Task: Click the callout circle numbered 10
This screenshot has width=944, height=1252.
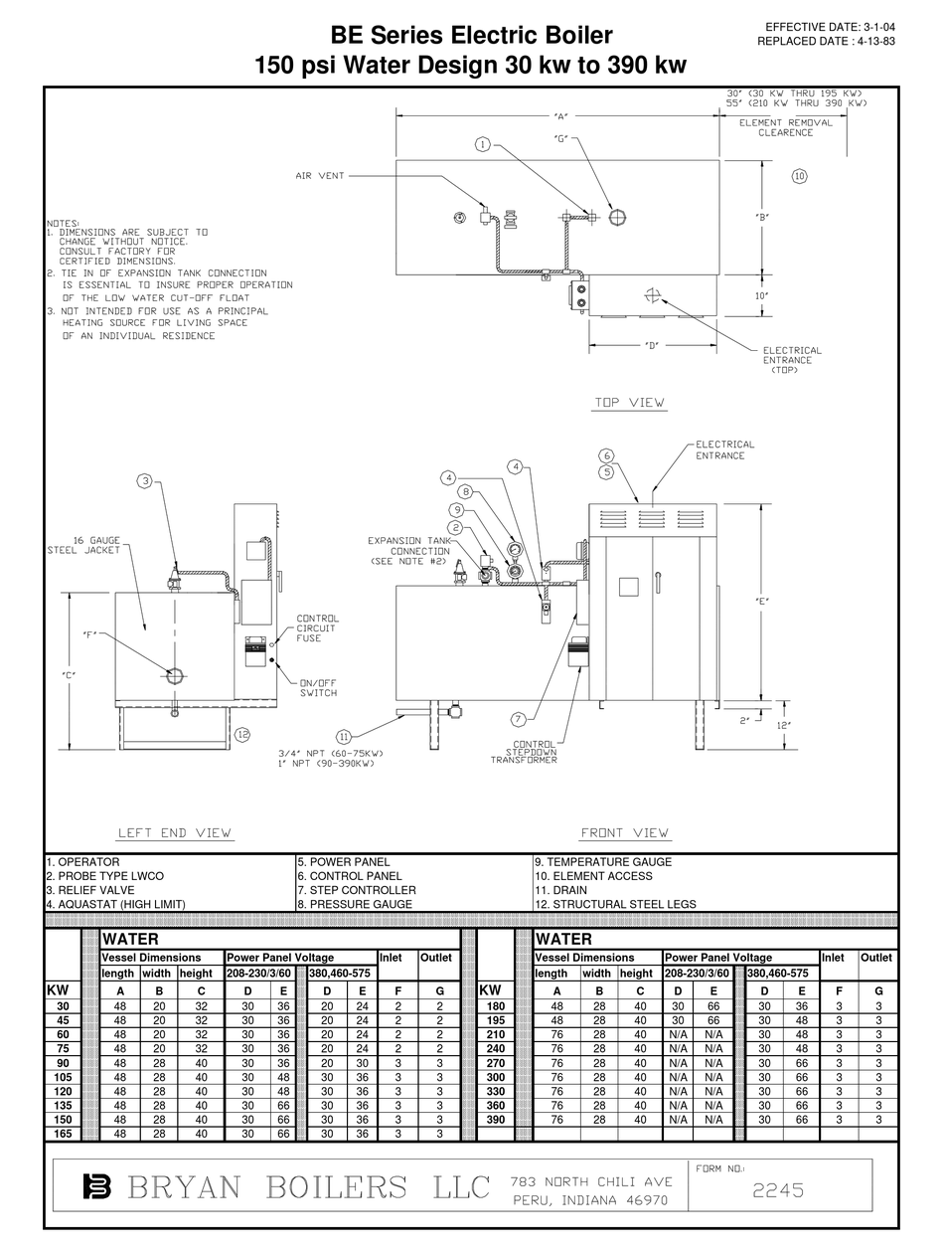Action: tap(799, 176)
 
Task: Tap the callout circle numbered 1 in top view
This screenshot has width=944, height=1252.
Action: tap(482, 144)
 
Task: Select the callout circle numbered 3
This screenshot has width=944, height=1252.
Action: tap(145, 482)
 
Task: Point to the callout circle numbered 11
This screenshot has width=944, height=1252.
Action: tap(344, 737)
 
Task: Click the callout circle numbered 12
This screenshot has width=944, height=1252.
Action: tap(242, 735)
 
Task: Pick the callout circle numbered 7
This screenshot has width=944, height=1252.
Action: tap(518, 719)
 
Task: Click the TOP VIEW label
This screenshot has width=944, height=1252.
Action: tap(630, 403)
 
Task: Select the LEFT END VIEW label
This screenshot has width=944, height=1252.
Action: tap(174, 833)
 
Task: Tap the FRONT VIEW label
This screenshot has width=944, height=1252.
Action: tap(624, 833)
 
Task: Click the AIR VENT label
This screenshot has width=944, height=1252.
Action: tap(320, 176)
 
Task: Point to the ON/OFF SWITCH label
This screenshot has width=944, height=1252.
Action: tap(319, 688)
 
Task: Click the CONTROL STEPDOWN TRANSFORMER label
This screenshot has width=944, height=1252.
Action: tap(525, 752)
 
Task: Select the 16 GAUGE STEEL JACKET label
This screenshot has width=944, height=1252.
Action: tap(83, 545)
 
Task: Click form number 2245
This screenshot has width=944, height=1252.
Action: tap(778, 1190)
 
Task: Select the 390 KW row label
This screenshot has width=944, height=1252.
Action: tap(494, 1120)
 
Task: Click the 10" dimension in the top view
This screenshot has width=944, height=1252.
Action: tap(762, 295)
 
